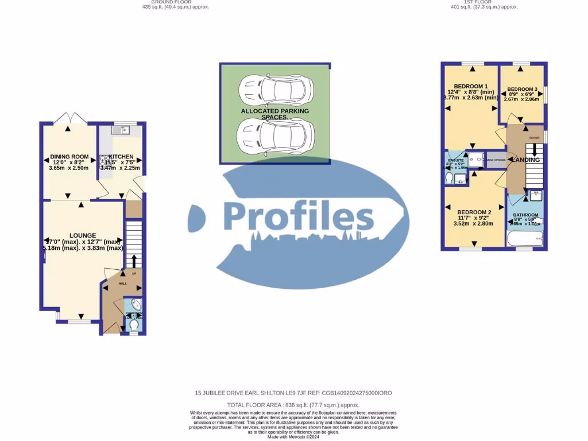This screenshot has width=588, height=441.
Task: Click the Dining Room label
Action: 69,157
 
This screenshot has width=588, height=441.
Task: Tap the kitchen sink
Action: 121,130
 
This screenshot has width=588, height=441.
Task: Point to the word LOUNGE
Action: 83,235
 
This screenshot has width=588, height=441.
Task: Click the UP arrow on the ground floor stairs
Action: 134,261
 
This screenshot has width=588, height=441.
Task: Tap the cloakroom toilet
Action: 134,326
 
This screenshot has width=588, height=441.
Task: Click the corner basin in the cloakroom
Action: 135,305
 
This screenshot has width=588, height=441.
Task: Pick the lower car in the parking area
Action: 275,136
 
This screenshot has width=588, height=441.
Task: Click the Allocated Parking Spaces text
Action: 274,114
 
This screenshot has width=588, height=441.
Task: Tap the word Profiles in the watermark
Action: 298,217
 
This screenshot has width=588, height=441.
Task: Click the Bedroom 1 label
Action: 466,86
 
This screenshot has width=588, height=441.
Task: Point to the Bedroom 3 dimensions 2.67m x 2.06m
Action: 522,99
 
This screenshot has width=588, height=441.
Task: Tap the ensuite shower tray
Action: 475,160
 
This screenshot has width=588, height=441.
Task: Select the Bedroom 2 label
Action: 474,212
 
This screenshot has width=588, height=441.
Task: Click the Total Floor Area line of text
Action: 293,405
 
